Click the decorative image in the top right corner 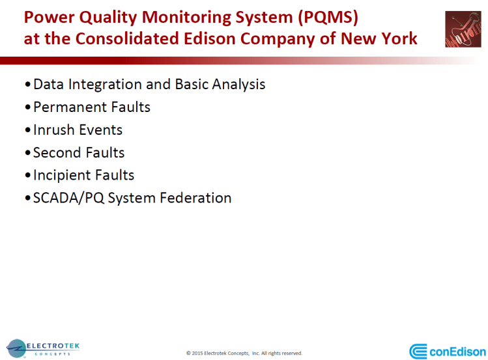(463, 29)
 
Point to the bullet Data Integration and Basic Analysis (149, 85)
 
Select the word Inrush (53, 130)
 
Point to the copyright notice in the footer (244, 353)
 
